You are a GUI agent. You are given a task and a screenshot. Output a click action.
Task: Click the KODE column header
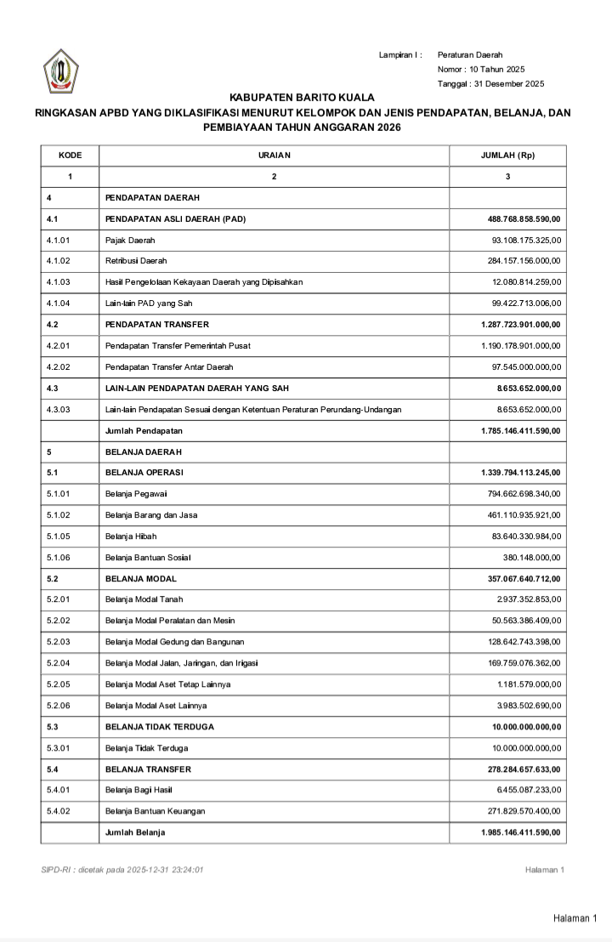[x=70, y=156]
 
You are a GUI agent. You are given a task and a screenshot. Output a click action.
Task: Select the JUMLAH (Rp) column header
[x=507, y=156]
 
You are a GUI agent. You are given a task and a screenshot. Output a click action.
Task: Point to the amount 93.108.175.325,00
[x=526, y=241]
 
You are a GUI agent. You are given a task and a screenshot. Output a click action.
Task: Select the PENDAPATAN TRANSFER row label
[x=157, y=325]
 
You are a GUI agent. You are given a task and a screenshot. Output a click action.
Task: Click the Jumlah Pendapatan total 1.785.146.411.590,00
[x=521, y=431]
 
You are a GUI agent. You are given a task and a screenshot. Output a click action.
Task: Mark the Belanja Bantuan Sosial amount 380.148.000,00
[x=532, y=558]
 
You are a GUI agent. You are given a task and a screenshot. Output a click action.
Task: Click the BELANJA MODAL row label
[x=141, y=579]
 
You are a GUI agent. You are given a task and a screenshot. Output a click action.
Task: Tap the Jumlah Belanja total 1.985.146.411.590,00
[x=521, y=832]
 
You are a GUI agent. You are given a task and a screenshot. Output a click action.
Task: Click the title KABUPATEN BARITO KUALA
[x=302, y=98]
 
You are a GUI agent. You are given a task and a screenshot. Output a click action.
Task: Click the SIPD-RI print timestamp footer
[x=122, y=870]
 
